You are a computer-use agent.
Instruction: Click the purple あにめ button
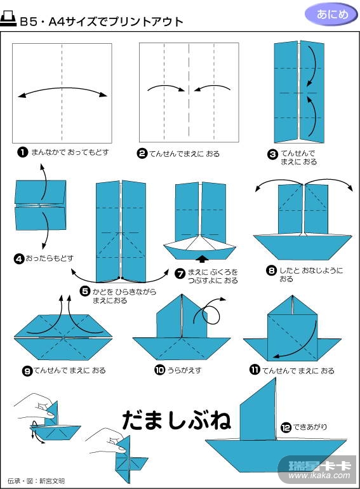[x=331, y=15]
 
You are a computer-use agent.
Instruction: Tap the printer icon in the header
[x=8, y=19]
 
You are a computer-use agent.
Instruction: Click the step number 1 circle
[x=22, y=152]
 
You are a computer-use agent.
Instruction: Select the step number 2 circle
[x=142, y=154]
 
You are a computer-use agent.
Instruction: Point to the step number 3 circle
[x=273, y=154]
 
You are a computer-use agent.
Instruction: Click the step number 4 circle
[x=19, y=259]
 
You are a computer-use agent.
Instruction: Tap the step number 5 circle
[x=85, y=291]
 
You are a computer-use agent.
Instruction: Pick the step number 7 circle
[x=180, y=274]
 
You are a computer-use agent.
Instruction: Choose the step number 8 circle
[x=272, y=271]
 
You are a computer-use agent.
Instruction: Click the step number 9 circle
[x=27, y=371]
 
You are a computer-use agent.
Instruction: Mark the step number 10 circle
[x=159, y=370]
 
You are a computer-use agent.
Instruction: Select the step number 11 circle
[x=255, y=370]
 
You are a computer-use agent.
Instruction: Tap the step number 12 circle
[x=286, y=427]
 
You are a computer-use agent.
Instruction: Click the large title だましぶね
[x=177, y=420]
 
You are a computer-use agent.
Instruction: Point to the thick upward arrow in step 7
[x=203, y=258]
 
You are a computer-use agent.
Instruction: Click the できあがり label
[x=310, y=427]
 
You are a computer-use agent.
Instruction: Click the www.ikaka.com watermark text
[x=319, y=475]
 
